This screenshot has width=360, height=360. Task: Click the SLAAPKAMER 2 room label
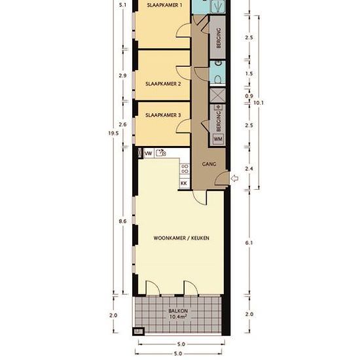163,84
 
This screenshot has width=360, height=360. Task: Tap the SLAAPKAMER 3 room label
163,115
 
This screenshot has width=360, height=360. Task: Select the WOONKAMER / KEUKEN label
181,238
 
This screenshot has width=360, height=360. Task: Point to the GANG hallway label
209,164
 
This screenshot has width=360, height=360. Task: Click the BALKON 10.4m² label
178,314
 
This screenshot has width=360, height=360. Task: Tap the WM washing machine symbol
218,139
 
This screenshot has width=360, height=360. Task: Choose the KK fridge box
184,183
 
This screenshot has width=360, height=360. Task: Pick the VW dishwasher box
149,153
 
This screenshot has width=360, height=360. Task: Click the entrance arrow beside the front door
234,178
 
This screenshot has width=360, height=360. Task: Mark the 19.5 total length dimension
113,133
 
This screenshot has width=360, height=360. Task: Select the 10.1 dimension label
259,103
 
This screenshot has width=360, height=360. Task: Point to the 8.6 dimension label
122,221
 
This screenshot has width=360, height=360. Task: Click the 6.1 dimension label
249,243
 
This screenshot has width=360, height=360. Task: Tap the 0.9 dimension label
249,96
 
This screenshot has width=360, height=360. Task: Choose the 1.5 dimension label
249,73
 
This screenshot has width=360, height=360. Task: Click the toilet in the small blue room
218,79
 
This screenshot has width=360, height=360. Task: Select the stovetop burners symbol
185,169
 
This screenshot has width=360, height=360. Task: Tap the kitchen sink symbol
161,153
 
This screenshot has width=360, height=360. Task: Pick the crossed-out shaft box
217,95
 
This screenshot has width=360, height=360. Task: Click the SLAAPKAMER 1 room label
164,5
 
